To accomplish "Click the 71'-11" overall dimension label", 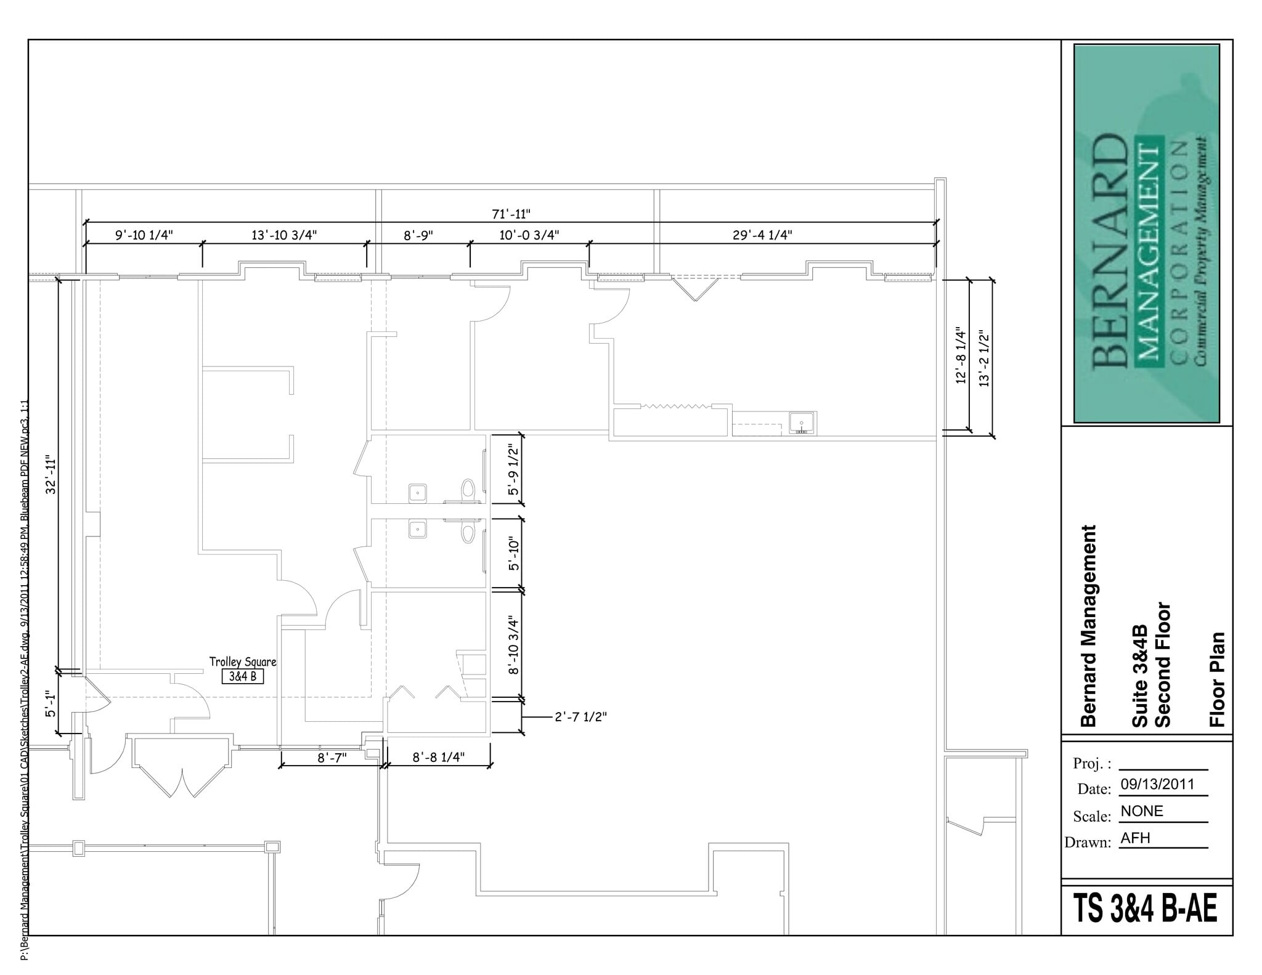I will click(511, 214).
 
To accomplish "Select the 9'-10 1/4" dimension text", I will click(144, 235).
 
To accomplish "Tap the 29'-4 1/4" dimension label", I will click(762, 235).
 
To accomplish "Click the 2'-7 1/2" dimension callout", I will click(580, 717).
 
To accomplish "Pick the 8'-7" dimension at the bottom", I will click(332, 758).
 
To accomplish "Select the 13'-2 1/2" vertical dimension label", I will click(984, 359).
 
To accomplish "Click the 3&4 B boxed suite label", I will click(243, 676).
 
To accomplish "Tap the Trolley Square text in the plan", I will click(243, 661).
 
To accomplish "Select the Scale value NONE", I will click(1142, 811).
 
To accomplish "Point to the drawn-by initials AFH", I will click(1135, 838).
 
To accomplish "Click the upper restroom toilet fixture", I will click(468, 490).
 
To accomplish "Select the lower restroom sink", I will click(418, 529).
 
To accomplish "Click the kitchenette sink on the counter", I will click(802, 423).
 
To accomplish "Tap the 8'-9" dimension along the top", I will click(418, 235).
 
